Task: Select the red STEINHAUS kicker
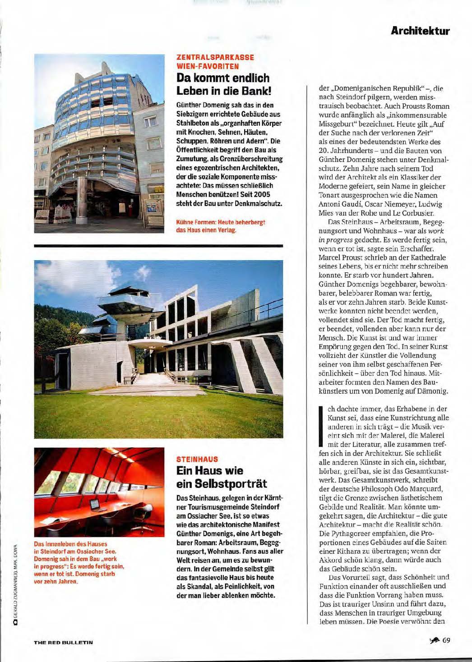(x=197, y=459)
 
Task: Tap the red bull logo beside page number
(x=434, y=641)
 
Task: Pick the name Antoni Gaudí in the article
(x=338, y=204)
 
